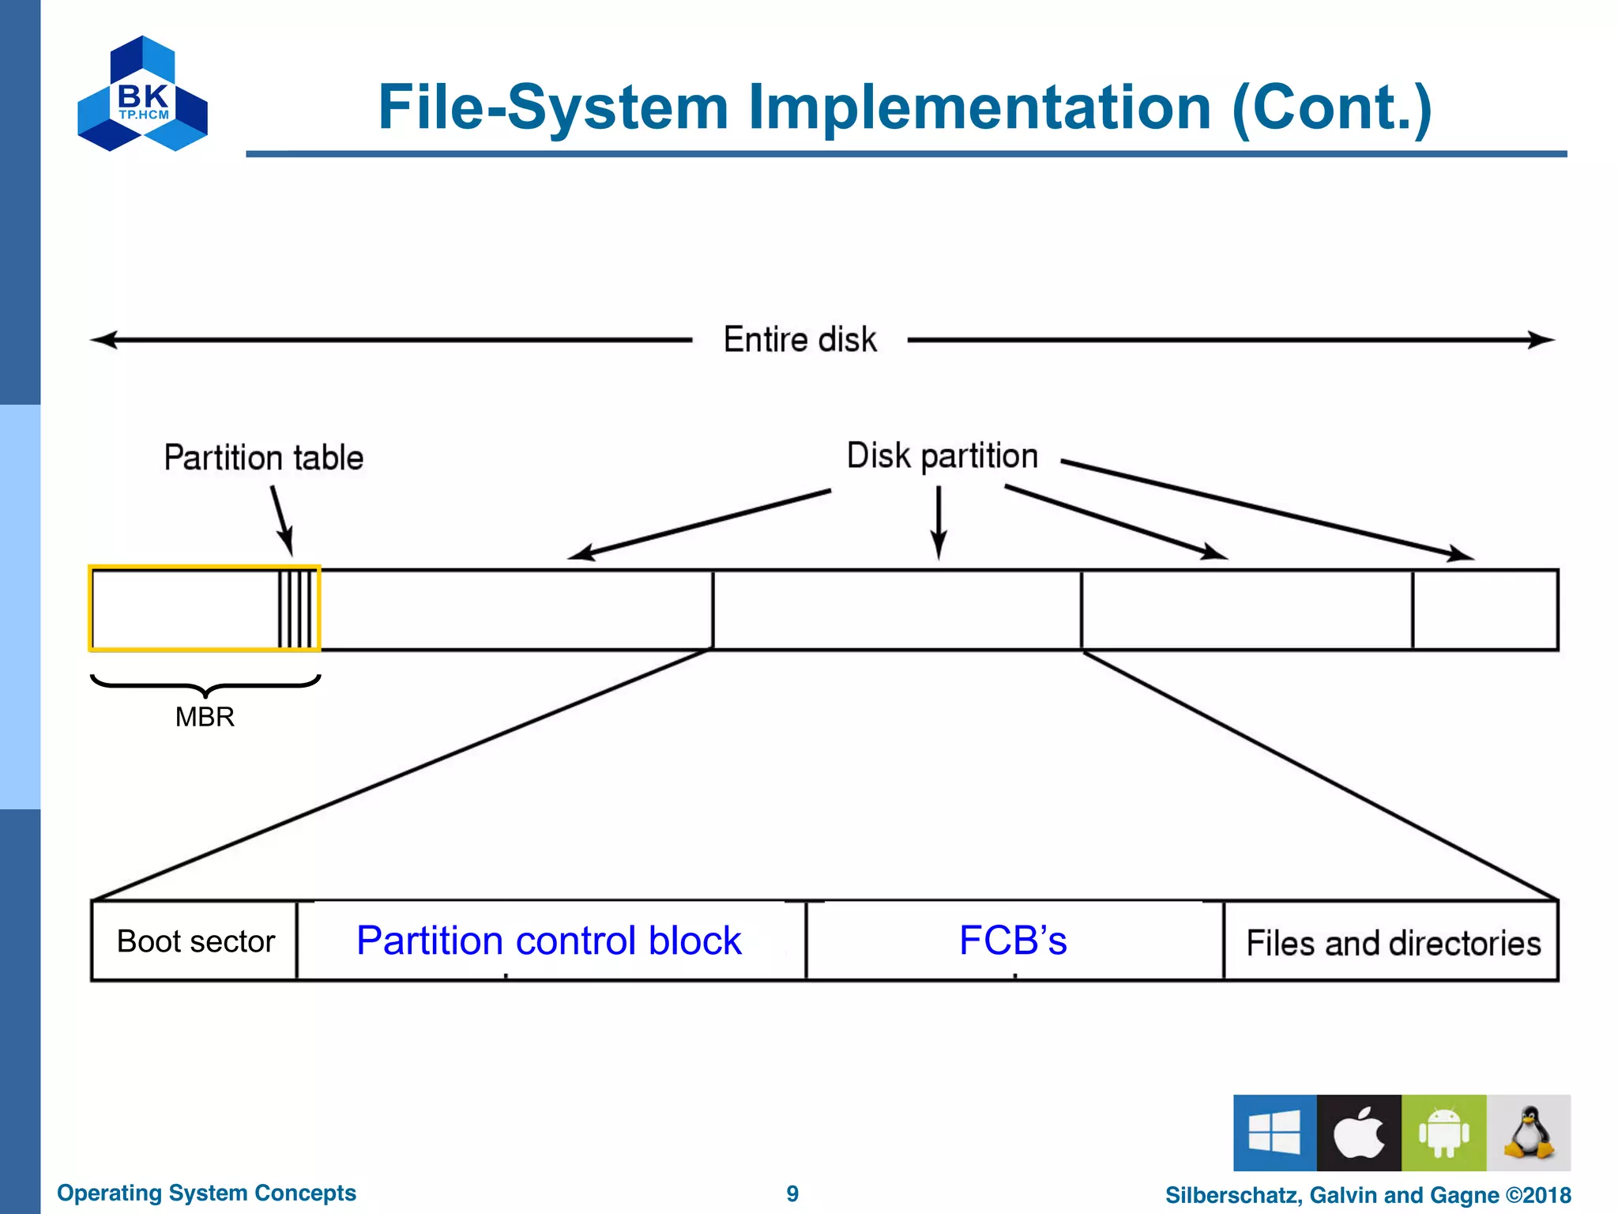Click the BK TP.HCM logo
[142, 94]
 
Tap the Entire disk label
[800, 340]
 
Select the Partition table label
[263, 458]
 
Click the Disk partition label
[942, 456]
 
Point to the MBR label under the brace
[205, 717]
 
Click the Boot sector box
[195, 941]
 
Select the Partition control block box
[549, 941]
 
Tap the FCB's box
[1013, 941]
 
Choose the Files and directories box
[1392, 942]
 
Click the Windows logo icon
[1274, 1132]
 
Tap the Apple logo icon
[1359, 1132]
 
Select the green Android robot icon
[1443, 1132]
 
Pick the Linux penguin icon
[1528, 1132]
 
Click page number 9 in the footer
[792, 1193]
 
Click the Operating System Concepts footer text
[206, 1193]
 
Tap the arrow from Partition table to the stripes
[282, 520]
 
